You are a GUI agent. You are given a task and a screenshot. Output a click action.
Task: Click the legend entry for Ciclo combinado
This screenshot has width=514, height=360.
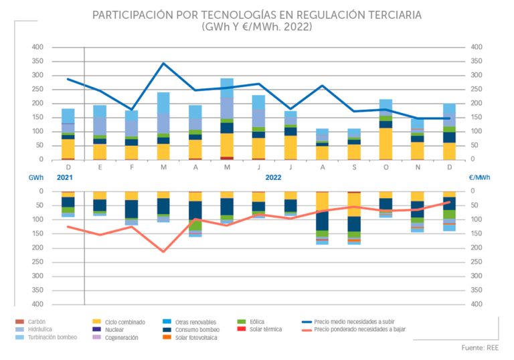[125, 322]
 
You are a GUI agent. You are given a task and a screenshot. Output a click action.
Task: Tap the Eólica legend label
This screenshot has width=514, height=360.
[259, 322]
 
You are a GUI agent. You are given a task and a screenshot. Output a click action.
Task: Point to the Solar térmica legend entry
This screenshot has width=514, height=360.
[265, 329]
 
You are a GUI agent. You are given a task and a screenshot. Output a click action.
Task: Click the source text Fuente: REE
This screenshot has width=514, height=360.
[480, 348]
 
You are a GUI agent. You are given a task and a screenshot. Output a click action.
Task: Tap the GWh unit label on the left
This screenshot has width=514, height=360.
[35, 179]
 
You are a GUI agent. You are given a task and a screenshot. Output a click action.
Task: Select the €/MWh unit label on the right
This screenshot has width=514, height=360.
[479, 179]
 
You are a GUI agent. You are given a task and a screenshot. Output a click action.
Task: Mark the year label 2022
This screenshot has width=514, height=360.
[273, 179]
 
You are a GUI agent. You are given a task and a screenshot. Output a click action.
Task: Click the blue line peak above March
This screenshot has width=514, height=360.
[163, 63]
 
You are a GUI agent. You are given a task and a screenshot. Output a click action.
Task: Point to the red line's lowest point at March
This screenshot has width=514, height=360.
[163, 252]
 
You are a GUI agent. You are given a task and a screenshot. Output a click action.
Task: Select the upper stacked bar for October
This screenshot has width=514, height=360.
[385, 129]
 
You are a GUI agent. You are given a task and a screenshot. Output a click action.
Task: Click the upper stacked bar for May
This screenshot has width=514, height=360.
[227, 119]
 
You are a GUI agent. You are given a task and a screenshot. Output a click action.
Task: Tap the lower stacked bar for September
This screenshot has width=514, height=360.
[354, 217]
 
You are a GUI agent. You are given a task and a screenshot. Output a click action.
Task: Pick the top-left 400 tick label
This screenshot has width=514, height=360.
[37, 47]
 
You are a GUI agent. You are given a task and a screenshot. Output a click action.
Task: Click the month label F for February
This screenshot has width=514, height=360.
[131, 169]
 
